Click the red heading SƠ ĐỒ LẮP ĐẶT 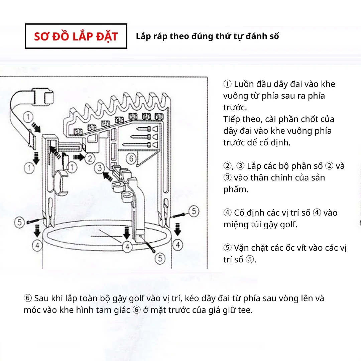pos(76,36)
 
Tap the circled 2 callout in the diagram pos(90,158)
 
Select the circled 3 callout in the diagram pos(100,168)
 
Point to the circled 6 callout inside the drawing pos(131,158)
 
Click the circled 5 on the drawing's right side pos(194,211)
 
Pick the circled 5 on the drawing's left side pos(19,222)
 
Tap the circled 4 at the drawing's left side pos(37,245)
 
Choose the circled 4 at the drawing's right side pos(178,245)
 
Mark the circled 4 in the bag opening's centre pos(127,247)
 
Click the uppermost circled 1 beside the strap pos(28,117)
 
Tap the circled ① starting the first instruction pos(228,84)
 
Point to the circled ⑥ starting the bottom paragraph pos(28,298)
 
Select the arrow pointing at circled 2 pos(79,157)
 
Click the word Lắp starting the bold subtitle pos(144,36)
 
